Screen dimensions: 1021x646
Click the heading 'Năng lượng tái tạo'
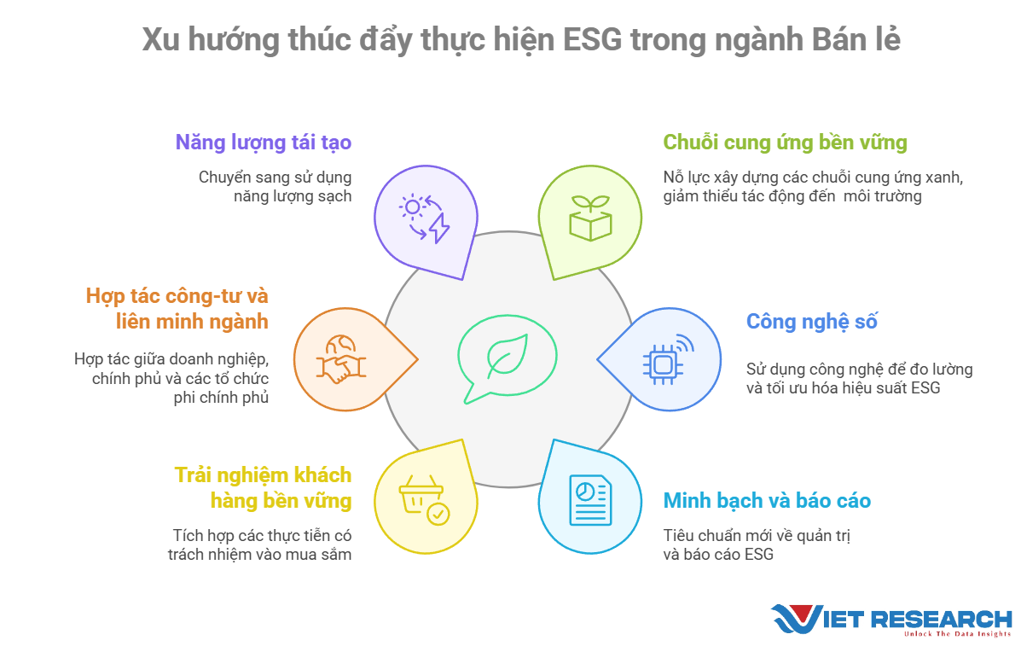[x=263, y=143]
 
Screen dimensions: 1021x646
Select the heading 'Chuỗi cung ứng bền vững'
[x=785, y=143]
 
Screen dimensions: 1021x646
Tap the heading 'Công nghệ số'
[x=811, y=322]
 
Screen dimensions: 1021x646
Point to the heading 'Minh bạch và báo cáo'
[x=767, y=500]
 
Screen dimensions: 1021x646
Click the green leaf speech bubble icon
[x=507, y=360]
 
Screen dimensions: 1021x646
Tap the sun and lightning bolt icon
[x=425, y=218]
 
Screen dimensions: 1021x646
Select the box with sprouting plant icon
[x=590, y=218]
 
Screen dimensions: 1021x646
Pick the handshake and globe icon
[x=340, y=359]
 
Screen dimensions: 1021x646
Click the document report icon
[x=590, y=500]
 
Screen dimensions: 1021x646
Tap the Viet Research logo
[x=891, y=620]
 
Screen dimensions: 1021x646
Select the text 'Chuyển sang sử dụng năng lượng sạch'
[x=275, y=187]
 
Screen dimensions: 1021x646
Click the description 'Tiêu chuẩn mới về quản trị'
[x=757, y=535]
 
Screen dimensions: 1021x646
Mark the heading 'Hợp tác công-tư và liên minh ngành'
[x=177, y=309]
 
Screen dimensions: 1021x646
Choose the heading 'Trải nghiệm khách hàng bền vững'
[x=263, y=488]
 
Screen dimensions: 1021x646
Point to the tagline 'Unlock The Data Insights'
[x=957, y=633]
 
